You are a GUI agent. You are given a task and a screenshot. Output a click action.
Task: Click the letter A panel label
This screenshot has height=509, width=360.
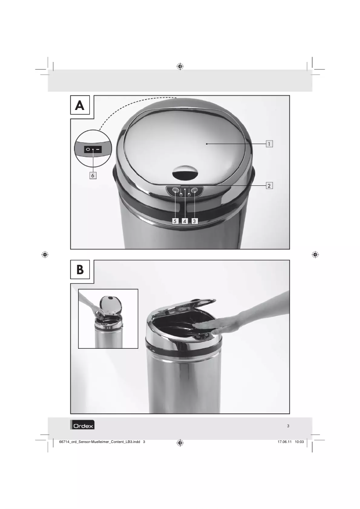point(80,105)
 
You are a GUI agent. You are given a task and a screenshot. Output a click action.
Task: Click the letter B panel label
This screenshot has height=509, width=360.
point(80,270)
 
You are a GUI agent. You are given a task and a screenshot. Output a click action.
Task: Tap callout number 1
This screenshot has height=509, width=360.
point(269,144)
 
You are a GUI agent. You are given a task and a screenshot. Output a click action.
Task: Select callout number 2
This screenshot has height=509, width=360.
point(269,186)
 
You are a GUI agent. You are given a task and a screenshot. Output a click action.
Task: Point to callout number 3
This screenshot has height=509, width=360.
point(194,221)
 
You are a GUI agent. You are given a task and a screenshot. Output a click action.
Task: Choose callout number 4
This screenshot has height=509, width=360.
point(184,221)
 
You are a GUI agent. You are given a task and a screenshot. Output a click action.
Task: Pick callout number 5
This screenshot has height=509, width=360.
point(176,221)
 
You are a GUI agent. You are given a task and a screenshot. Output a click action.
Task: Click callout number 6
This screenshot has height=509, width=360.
point(93,176)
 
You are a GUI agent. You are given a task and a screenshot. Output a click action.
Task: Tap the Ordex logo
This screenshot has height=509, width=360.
point(82,425)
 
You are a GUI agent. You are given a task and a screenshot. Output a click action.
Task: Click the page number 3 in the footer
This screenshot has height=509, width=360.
point(288,426)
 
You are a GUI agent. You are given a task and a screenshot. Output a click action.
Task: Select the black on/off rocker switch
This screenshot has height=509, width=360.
point(93,149)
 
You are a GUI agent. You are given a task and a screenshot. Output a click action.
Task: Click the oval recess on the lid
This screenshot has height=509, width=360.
point(184,172)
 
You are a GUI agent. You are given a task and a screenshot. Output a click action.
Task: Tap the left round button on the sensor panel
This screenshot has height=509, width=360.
point(176,190)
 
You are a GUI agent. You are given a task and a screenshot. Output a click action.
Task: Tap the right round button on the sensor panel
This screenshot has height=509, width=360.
point(194,190)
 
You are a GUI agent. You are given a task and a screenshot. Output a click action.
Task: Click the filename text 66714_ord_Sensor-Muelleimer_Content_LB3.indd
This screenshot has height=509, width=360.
point(100,442)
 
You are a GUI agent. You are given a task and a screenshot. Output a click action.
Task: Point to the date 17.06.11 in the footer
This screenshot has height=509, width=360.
point(285,442)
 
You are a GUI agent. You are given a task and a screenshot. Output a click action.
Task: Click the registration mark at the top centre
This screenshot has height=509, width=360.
point(180,66)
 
